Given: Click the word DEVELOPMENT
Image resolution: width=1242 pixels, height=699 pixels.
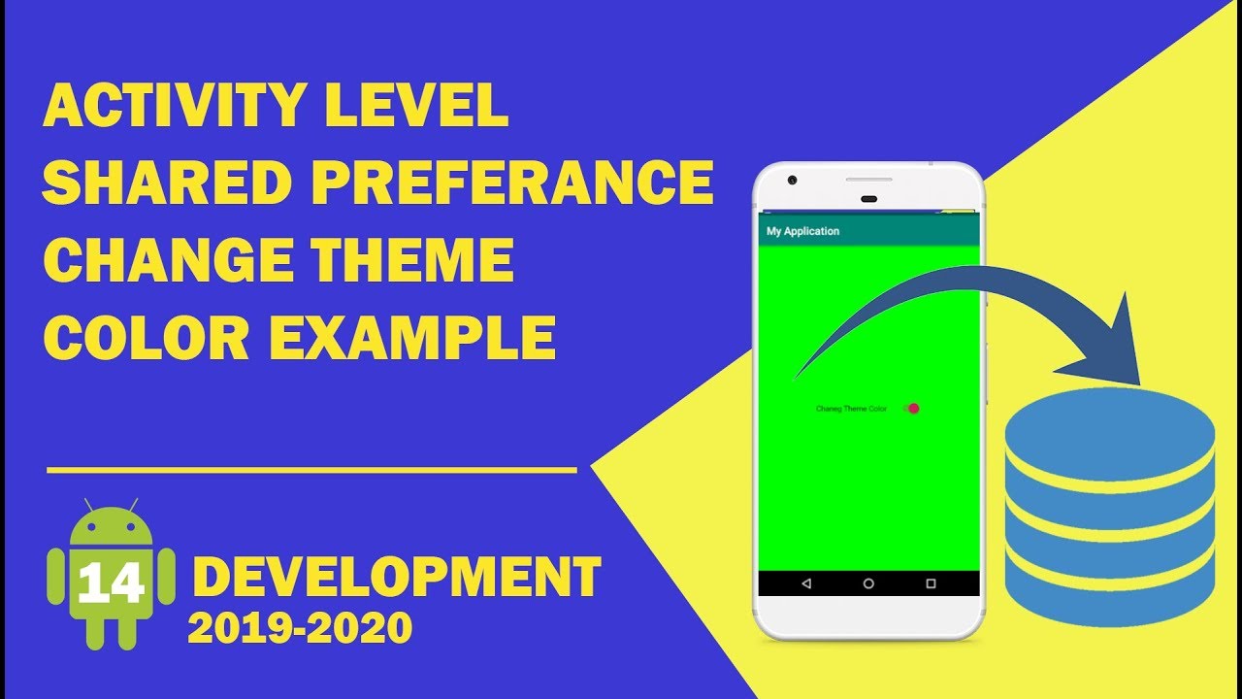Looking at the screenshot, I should point(397,578).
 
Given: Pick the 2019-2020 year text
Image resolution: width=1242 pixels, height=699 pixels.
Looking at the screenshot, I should point(300,628).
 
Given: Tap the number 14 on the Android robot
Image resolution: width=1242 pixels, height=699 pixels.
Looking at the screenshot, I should point(111,582).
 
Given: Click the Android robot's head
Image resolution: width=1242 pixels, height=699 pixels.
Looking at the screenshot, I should point(112,527).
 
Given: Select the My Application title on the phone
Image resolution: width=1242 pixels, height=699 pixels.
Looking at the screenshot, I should point(802,231).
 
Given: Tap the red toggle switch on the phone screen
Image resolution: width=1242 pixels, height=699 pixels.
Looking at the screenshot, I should point(911,409).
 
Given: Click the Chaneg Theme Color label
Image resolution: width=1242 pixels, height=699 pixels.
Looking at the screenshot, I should point(851,409).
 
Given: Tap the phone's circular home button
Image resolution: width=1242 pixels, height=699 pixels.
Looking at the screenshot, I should point(868,583).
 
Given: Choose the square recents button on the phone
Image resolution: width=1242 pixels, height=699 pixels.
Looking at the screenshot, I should point(931,583).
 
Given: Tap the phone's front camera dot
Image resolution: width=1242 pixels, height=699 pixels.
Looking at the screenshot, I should point(793,181).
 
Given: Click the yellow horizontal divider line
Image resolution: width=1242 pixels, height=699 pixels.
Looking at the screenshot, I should point(311,470).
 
